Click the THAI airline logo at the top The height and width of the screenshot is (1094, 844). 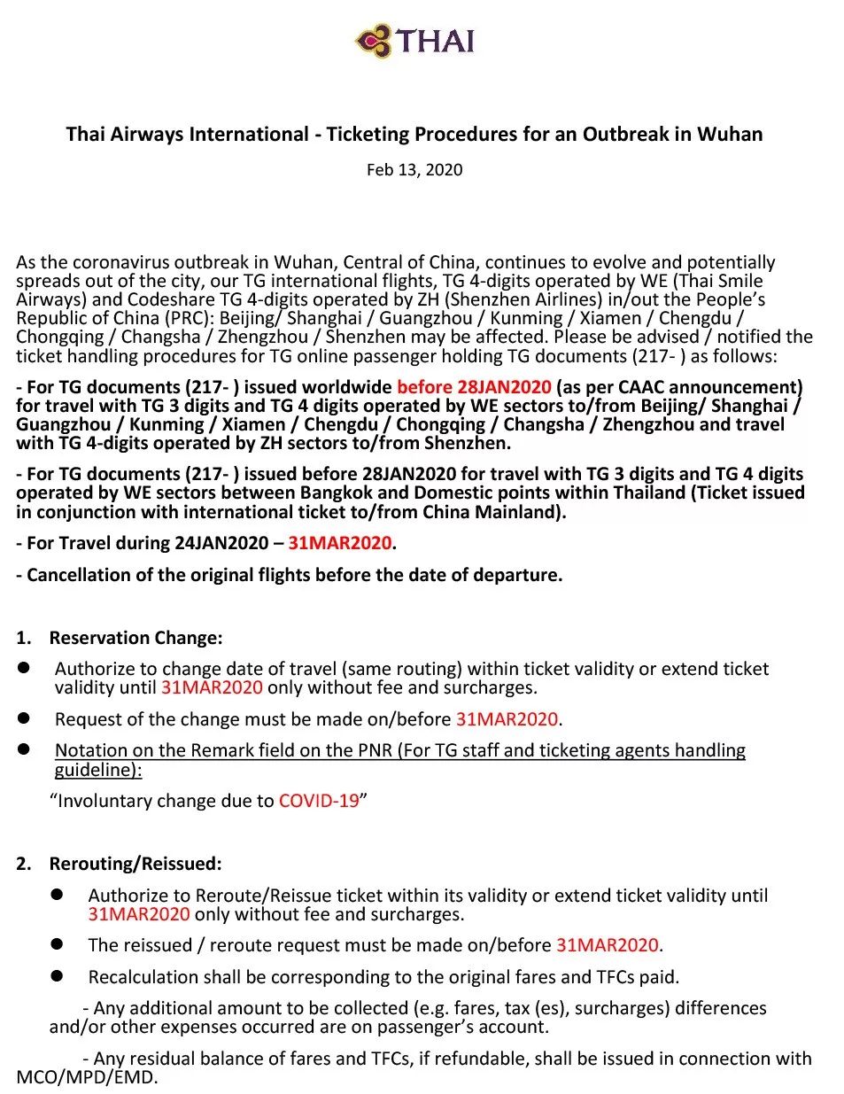(414, 41)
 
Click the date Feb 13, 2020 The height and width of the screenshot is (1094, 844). (414, 169)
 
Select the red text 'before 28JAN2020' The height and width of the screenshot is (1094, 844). (474, 387)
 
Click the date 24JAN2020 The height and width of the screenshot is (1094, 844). (221, 543)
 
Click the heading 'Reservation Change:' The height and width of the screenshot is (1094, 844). (136, 638)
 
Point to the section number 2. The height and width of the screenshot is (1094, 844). (23, 864)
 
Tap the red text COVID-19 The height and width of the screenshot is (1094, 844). (319, 801)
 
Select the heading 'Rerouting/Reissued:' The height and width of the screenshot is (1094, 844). (136, 864)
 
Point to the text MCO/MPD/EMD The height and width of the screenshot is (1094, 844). (86, 1078)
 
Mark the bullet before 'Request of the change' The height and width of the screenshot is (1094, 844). (25, 718)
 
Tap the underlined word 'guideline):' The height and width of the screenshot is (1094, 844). (97, 770)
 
